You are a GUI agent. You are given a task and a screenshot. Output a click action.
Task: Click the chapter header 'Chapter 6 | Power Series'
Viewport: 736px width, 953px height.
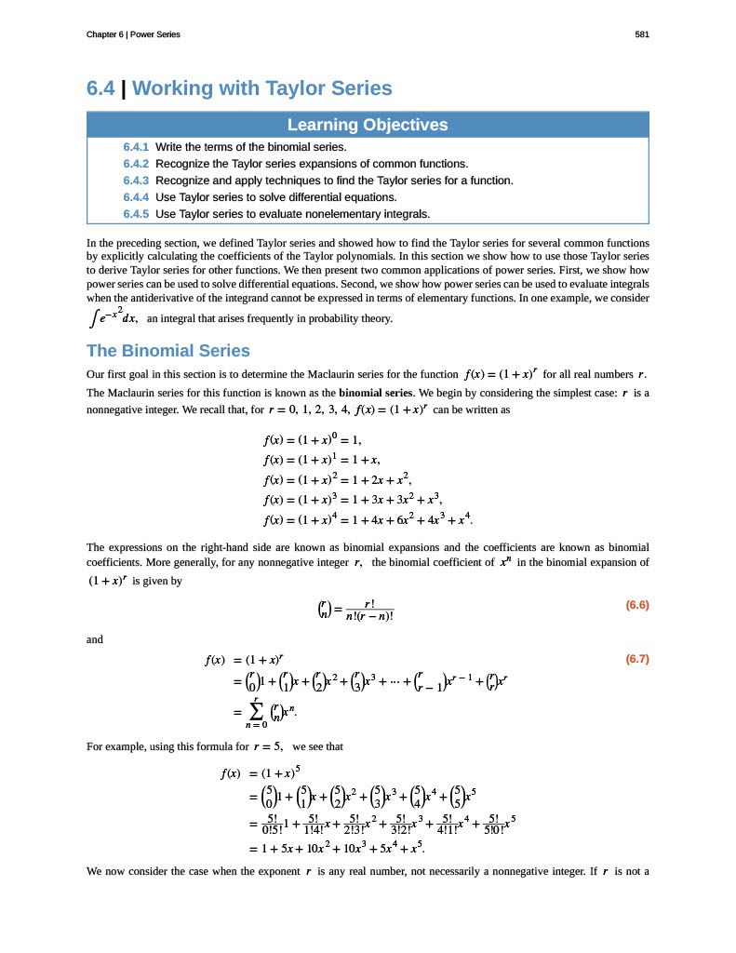tap(133, 34)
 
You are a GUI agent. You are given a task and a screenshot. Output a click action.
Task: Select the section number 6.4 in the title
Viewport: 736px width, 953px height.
tap(100, 88)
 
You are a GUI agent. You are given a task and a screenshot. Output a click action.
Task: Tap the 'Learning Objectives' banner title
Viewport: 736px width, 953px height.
tap(368, 125)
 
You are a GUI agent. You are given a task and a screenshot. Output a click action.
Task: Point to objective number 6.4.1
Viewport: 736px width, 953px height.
tap(136, 147)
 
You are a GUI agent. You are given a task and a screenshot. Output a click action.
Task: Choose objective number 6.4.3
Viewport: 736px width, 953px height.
tap(136, 181)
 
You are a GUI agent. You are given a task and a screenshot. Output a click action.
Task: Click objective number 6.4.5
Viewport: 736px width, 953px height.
tap(136, 214)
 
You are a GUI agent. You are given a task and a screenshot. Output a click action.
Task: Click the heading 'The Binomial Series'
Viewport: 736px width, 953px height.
tap(168, 351)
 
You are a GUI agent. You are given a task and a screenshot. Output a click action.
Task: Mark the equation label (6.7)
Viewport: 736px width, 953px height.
tap(636, 660)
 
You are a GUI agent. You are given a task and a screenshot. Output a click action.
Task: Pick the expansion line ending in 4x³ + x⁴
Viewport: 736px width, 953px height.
tap(369, 518)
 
